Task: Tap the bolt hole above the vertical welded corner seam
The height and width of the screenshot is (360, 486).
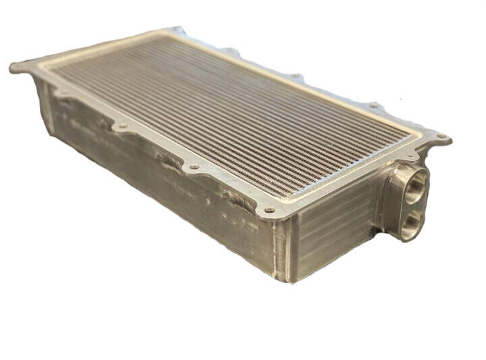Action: point(270,210)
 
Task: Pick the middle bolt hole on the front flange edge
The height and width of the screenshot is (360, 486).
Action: point(194,166)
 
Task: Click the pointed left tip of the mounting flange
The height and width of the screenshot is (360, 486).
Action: point(12,67)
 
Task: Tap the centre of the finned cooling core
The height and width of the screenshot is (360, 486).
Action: point(230,111)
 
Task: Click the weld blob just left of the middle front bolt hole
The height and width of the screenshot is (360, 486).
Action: point(169,160)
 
